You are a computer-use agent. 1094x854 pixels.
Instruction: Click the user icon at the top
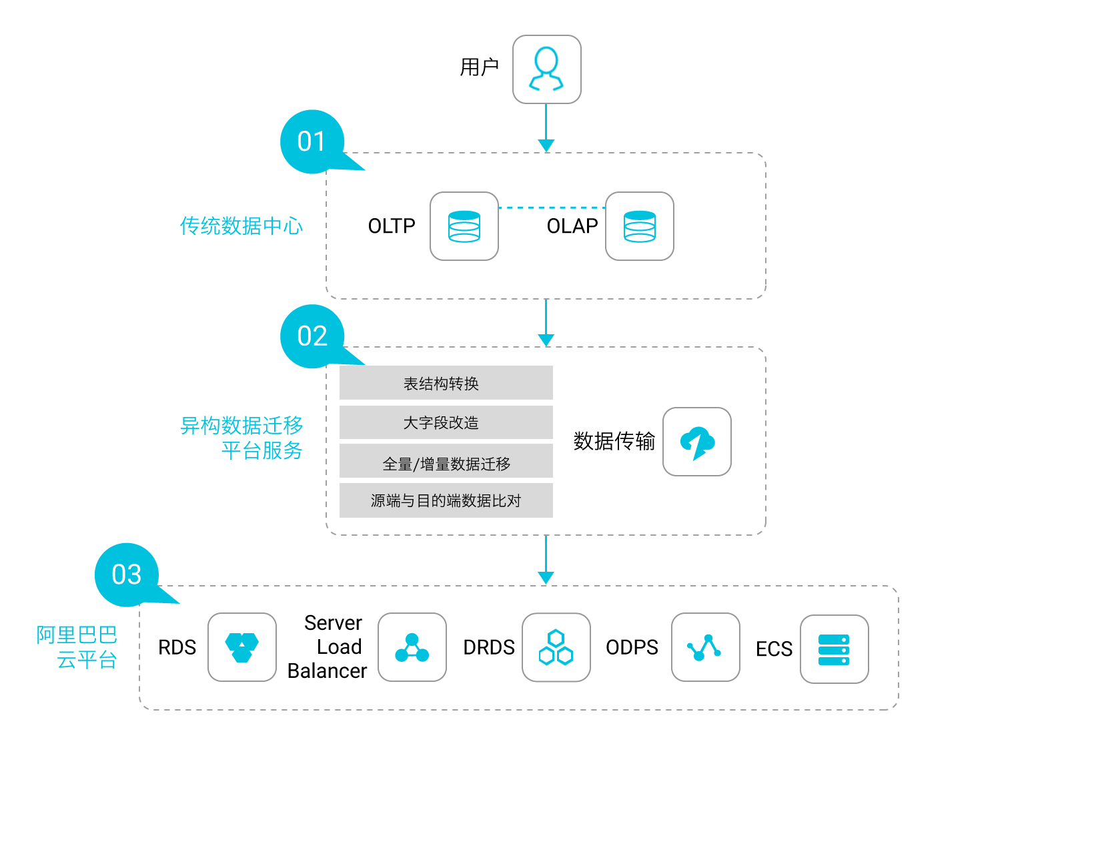click(x=546, y=69)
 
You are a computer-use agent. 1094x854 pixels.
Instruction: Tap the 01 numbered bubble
click(x=312, y=142)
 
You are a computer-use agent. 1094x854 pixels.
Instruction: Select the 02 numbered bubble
click(x=312, y=336)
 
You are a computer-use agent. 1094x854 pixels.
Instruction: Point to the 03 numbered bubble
click(x=127, y=574)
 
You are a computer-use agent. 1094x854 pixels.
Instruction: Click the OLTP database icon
click(x=464, y=226)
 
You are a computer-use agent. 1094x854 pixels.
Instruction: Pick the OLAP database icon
click(x=640, y=226)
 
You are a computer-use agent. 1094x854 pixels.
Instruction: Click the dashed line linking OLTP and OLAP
click(x=552, y=207)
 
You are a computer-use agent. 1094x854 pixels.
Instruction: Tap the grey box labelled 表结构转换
click(x=446, y=383)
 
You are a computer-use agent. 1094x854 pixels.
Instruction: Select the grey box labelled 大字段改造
click(x=446, y=422)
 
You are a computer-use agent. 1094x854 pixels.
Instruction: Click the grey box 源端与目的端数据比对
click(x=446, y=500)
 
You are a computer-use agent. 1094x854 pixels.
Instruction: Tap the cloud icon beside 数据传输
click(x=697, y=442)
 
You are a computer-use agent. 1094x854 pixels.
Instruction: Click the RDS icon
click(x=242, y=647)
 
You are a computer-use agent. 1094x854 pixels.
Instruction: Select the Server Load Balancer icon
click(x=412, y=647)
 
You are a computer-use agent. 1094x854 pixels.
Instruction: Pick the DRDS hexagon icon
click(x=556, y=647)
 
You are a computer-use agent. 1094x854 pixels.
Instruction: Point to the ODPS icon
click(x=706, y=647)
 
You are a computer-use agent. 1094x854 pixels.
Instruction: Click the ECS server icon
click(x=835, y=649)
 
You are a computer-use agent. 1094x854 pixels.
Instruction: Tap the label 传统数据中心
click(x=241, y=226)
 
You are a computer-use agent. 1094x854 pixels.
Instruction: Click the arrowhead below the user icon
click(x=546, y=145)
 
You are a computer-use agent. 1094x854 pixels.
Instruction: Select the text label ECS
click(x=774, y=649)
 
